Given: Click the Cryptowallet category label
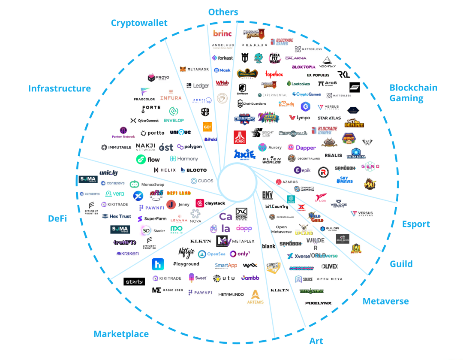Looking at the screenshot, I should click(x=139, y=23).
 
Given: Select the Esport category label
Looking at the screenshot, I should click(x=415, y=224).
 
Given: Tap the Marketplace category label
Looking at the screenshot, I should click(x=121, y=334).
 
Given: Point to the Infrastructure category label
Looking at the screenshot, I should click(x=60, y=88).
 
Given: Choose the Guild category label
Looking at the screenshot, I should click(x=401, y=264).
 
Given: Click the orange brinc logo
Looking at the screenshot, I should click(x=222, y=33).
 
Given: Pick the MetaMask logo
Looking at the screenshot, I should click(x=194, y=69).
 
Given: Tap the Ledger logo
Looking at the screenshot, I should click(x=198, y=86).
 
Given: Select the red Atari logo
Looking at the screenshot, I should click(x=240, y=137).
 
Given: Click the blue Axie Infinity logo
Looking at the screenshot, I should click(x=244, y=154).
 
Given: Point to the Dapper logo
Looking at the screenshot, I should click(x=301, y=148).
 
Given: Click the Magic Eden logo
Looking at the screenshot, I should click(x=168, y=290).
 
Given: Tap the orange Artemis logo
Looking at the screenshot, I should click(x=255, y=297).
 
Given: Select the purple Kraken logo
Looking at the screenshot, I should click(x=127, y=254).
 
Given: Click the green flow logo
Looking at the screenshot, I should click(x=148, y=160).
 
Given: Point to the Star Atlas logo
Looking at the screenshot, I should click(x=329, y=118).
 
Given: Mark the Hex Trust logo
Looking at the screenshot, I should click(x=117, y=216).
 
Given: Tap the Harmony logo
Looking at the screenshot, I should click(x=184, y=159).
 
